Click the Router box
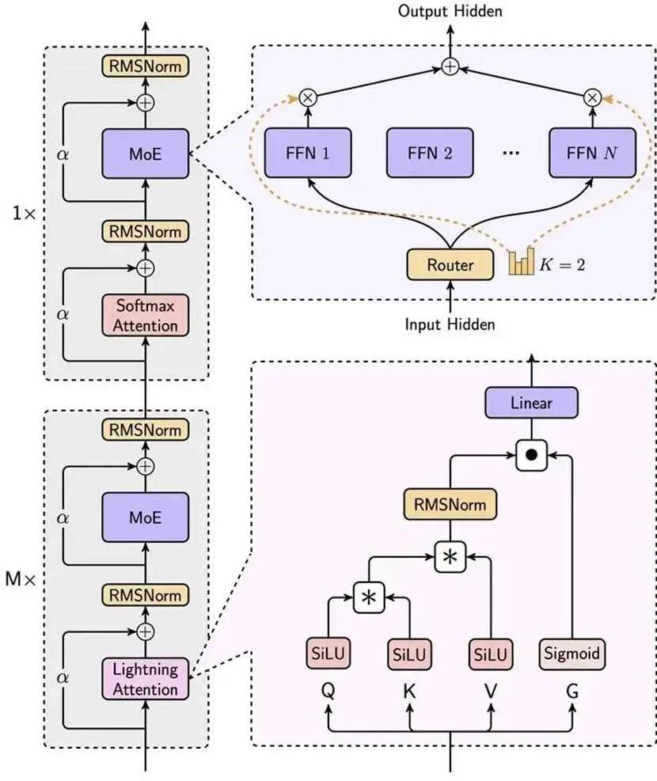click(x=450, y=264)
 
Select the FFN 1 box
click(x=308, y=153)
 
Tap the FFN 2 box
click(x=430, y=153)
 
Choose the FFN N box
click(x=592, y=153)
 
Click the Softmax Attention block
click(x=146, y=315)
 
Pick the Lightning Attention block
click(x=146, y=679)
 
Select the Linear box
click(x=531, y=403)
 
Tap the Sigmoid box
click(x=572, y=654)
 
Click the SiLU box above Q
click(x=328, y=654)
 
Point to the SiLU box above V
click(x=491, y=654)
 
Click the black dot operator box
click(x=531, y=455)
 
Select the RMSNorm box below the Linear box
click(x=450, y=505)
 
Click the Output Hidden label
click(x=450, y=11)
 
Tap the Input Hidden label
click(x=450, y=324)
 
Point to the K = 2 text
click(x=563, y=264)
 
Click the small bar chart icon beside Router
click(x=522, y=261)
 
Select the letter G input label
click(x=572, y=692)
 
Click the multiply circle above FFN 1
click(x=308, y=97)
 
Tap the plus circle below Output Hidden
click(x=450, y=66)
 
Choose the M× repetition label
click(x=21, y=578)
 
